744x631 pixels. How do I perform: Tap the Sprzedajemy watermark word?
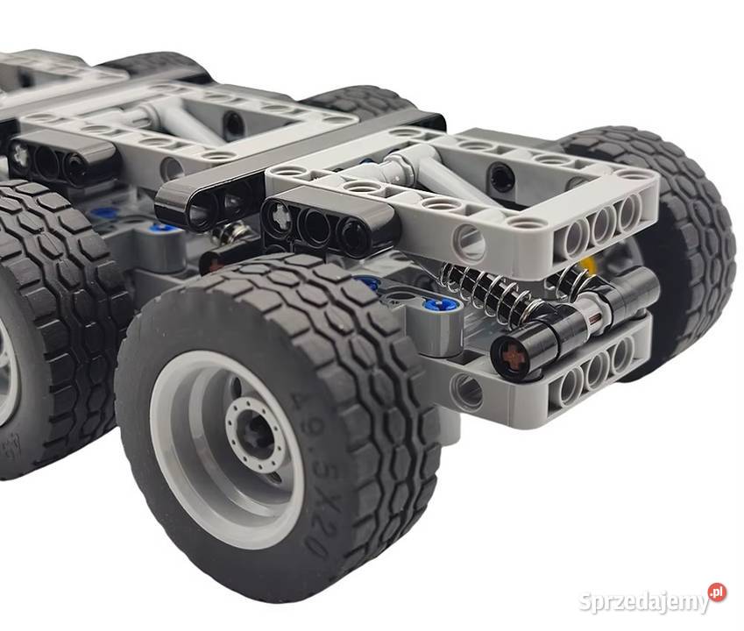tap(644, 601)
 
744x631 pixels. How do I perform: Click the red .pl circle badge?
tap(717, 592)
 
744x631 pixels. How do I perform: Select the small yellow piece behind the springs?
tap(589, 263)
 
